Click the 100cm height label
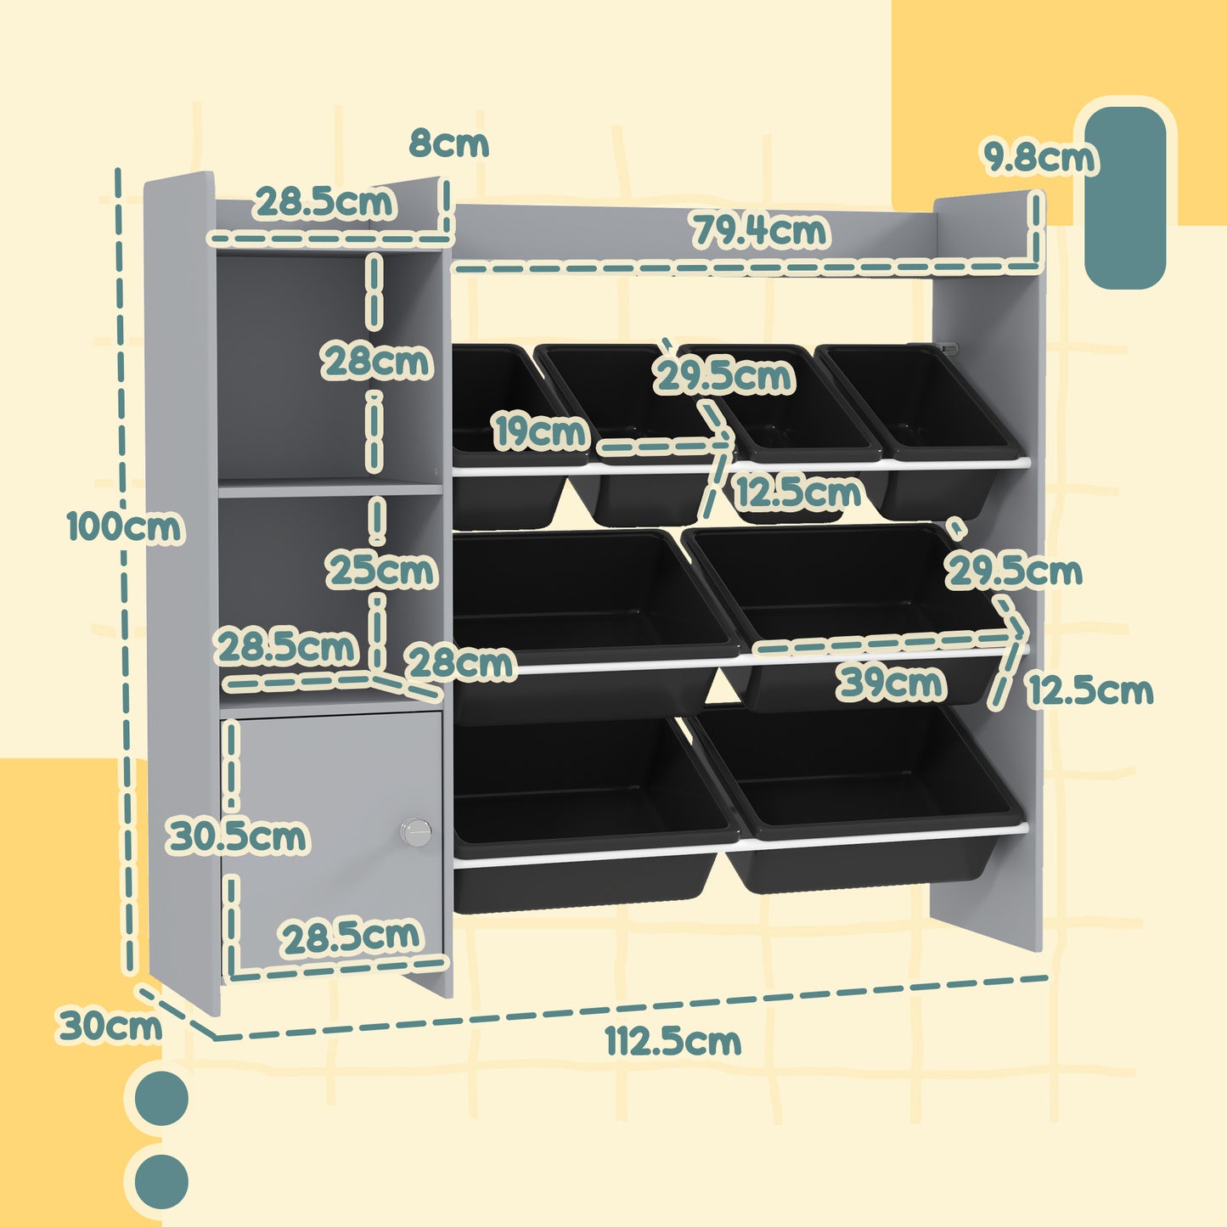(x=124, y=526)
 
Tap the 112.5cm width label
(x=673, y=1041)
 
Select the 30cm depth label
(x=109, y=1025)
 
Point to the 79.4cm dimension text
(x=759, y=231)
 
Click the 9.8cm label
(x=1039, y=158)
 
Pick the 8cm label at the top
(x=449, y=144)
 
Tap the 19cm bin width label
(x=540, y=431)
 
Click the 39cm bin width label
(x=890, y=682)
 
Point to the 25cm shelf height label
(x=382, y=570)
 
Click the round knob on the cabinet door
(x=415, y=831)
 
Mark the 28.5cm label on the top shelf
(x=324, y=202)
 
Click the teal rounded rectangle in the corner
(x=1125, y=197)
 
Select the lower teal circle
(x=161, y=1180)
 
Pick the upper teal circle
(x=161, y=1099)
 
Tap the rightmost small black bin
(x=926, y=425)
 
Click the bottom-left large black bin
(x=586, y=807)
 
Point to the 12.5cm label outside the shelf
(x=1090, y=690)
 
